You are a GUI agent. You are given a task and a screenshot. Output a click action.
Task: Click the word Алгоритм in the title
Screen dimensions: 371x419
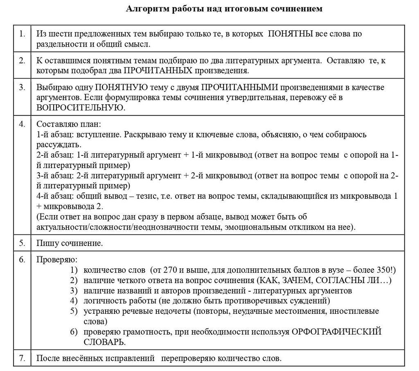point(144,9)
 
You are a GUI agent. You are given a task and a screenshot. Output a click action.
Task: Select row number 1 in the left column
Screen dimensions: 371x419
point(22,34)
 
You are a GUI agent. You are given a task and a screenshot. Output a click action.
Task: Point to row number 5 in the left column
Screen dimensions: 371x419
point(22,243)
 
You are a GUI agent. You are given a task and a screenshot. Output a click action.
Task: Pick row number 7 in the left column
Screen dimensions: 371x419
point(22,359)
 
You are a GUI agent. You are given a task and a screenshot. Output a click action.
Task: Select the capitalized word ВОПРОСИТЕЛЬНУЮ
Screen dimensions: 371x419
point(80,107)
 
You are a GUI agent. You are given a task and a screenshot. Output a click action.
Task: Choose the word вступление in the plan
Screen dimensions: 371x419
point(100,134)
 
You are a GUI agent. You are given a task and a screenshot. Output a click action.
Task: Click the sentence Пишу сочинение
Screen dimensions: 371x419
point(70,243)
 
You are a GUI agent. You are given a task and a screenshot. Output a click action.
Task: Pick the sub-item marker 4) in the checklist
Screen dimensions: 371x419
point(74,301)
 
